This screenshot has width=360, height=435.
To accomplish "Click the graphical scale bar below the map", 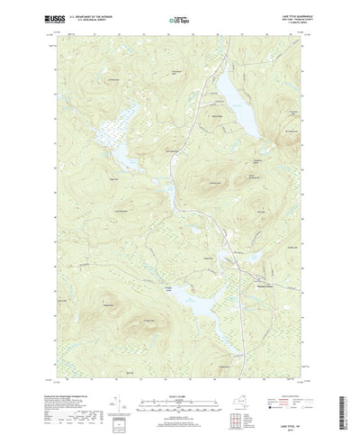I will [x=179, y=372].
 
